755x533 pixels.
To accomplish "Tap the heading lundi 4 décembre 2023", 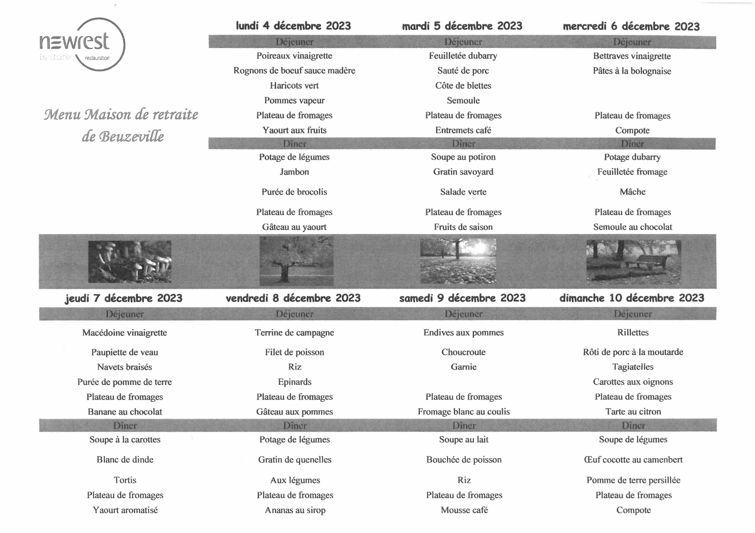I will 293,26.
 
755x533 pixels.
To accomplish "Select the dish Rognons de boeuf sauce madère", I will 294,70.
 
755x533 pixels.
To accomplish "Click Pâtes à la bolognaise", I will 632,71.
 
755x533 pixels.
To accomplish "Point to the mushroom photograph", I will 129,261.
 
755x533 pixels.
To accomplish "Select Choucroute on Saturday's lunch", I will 463,352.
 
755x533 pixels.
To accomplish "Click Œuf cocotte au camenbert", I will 633,459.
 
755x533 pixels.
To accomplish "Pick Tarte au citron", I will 633,411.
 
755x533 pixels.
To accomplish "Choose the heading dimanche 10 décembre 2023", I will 632,298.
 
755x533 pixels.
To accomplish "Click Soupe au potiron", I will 463,157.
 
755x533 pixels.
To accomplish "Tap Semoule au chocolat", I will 632,227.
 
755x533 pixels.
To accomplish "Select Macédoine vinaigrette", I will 125,333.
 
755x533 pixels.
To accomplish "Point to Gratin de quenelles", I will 295,459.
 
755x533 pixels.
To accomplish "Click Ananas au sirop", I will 295,510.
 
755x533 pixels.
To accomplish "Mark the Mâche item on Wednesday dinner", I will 632,192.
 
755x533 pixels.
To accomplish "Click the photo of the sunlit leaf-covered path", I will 458,261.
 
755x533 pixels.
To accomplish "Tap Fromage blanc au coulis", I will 464,411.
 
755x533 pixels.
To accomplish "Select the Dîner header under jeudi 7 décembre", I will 125,426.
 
